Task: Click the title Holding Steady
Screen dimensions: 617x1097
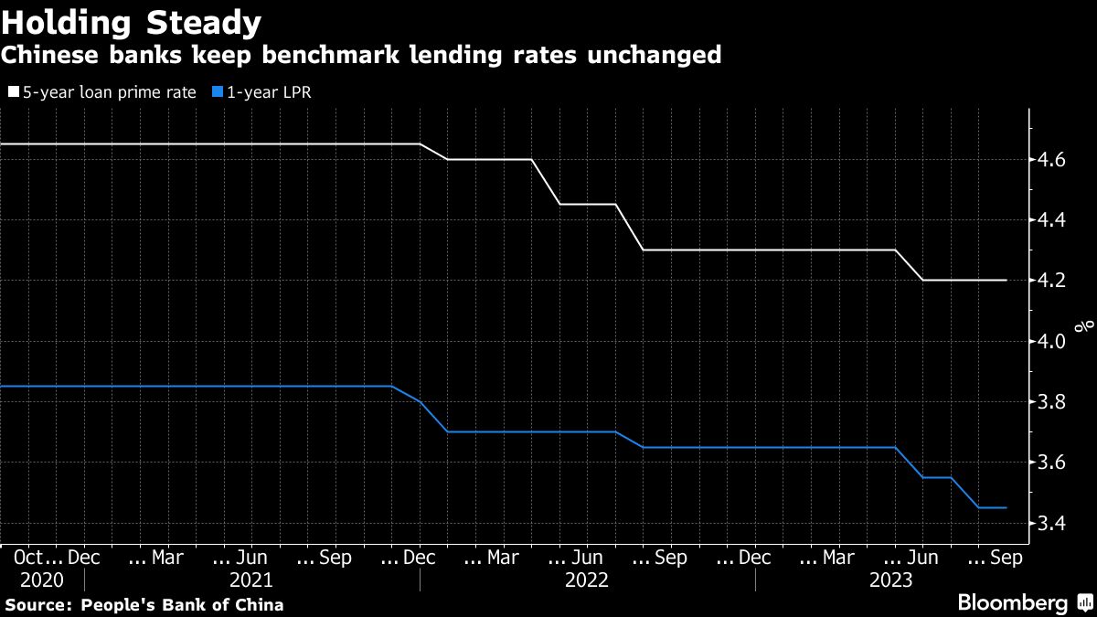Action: [x=132, y=21]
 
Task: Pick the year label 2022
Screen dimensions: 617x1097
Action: [x=588, y=580]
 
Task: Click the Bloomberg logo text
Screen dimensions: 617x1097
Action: [x=1012, y=603]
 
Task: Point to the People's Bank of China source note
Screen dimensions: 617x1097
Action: [x=182, y=605]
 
